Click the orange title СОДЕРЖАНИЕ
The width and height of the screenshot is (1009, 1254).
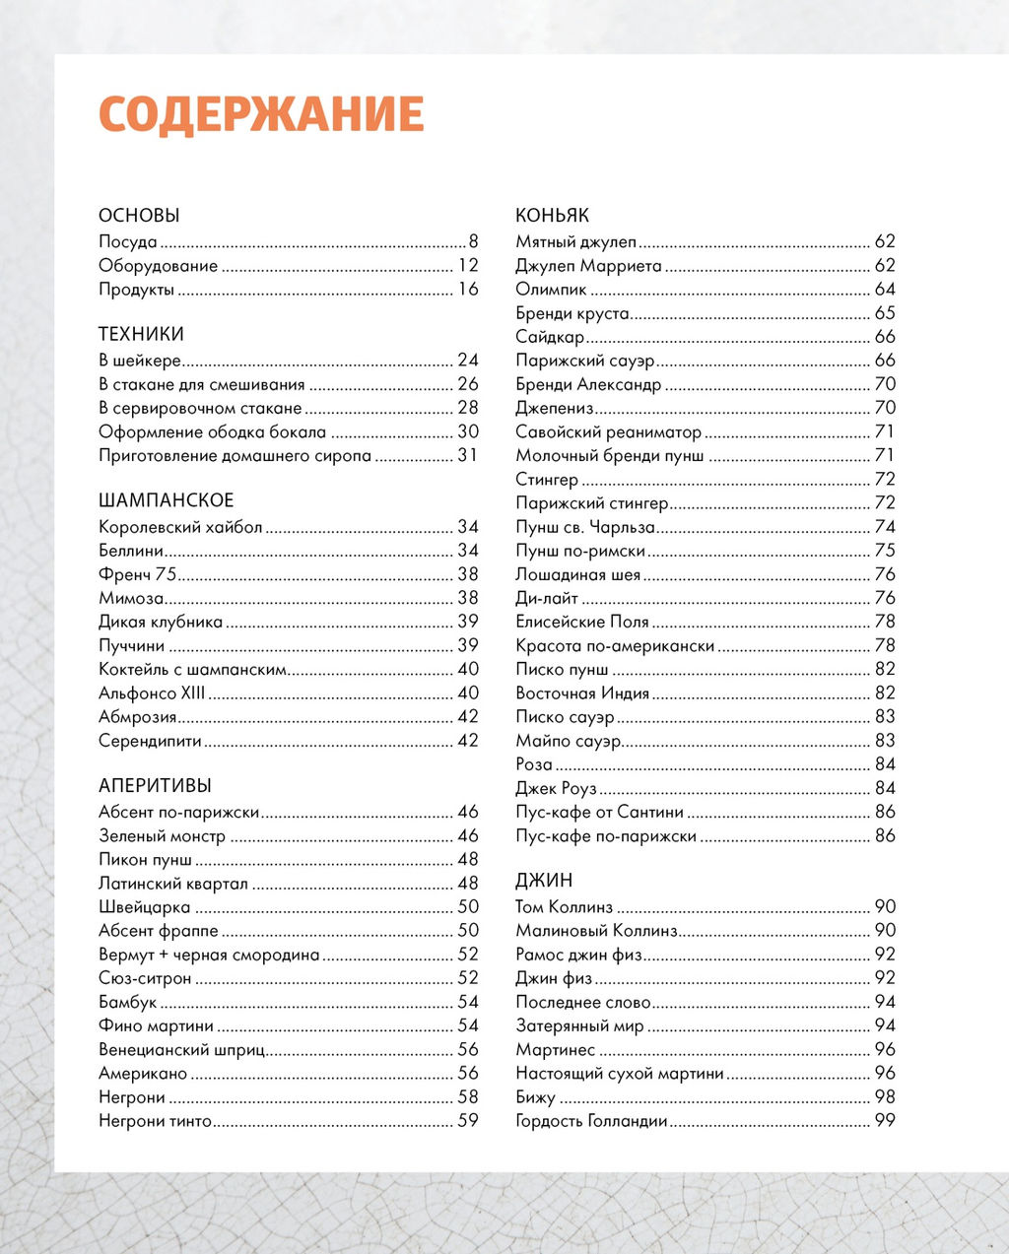261,114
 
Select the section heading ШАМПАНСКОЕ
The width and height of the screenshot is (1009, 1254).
166,500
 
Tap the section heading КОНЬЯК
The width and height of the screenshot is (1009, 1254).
552,216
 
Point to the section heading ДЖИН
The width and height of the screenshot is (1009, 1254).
544,881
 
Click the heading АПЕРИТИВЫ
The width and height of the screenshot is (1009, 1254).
155,786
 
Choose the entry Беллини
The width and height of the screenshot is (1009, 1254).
131,551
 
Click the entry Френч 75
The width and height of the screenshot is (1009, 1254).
137,574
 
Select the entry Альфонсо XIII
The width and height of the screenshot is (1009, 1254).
152,693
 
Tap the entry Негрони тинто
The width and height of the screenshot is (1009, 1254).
155,1121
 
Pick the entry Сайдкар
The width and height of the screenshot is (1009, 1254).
550,337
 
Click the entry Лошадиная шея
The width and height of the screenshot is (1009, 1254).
577,575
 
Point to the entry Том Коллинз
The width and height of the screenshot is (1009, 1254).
564,907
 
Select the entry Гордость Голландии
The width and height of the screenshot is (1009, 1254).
591,1121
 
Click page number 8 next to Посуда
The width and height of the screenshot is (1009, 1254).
473,242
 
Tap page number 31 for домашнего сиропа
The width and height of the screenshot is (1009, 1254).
467,456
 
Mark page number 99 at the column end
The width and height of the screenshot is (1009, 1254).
885,1121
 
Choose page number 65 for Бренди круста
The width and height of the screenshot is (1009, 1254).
885,313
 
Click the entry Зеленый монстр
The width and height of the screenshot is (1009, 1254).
162,836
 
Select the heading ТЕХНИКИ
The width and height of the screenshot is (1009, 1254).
141,335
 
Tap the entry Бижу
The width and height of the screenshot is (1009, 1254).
535,1097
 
